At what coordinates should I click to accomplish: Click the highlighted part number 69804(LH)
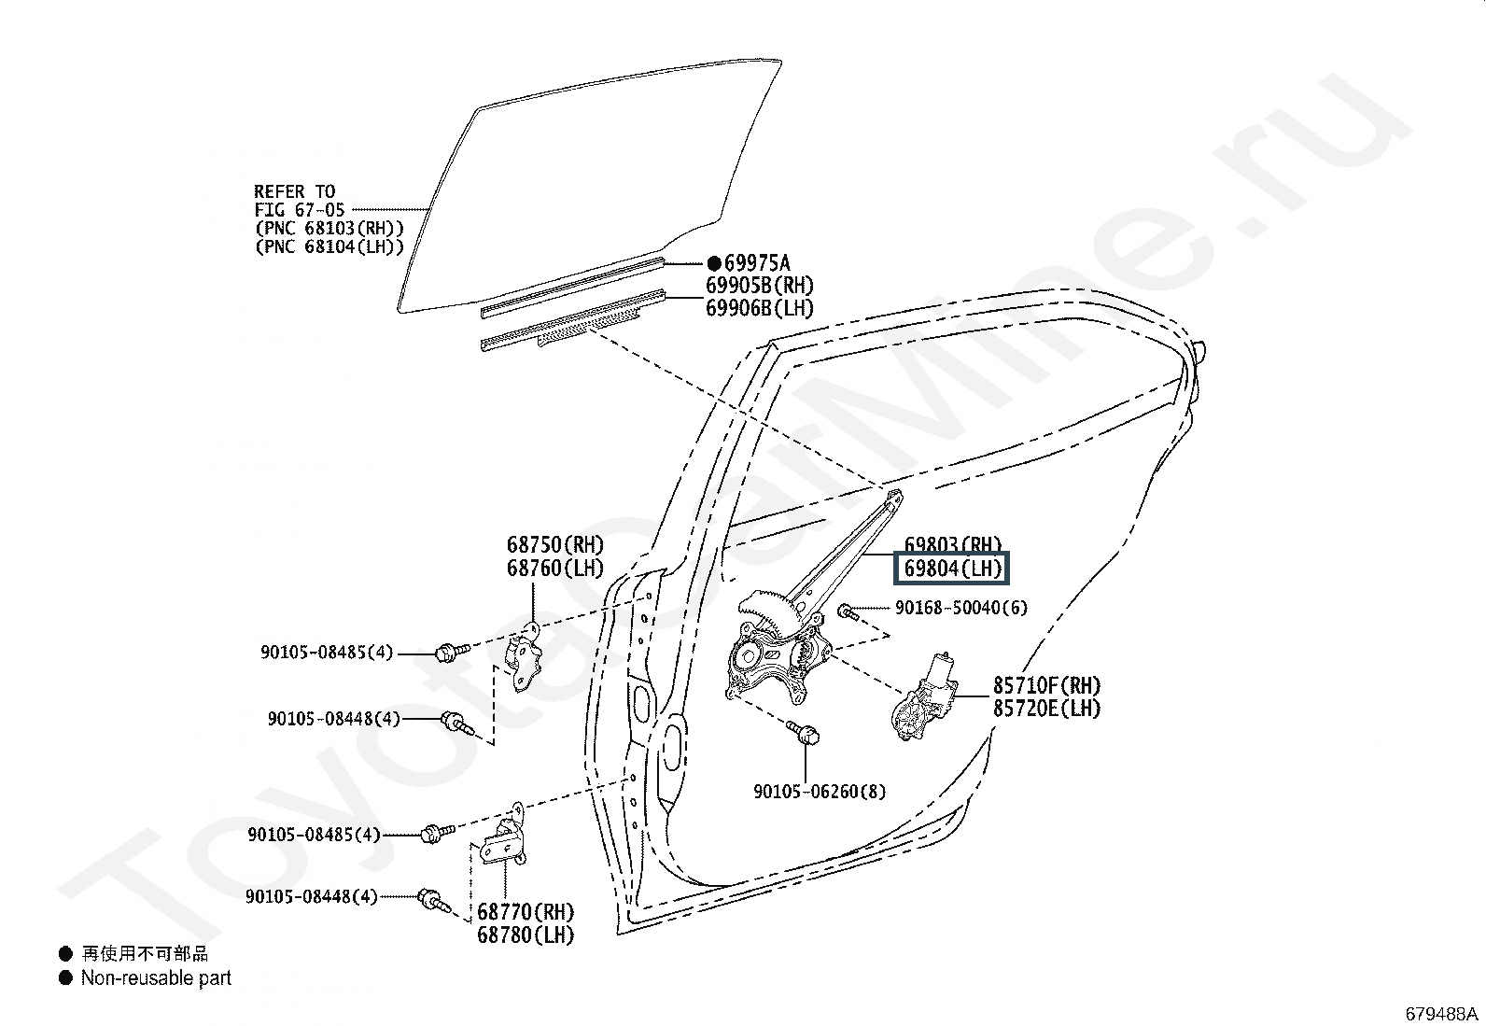[x=952, y=569]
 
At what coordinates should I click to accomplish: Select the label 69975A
[x=757, y=263]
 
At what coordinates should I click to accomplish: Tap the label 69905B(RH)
[x=760, y=286]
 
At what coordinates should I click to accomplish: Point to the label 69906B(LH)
[x=760, y=308]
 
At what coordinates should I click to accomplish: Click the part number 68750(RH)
[x=555, y=545]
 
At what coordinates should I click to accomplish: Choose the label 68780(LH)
[x=526, y=935]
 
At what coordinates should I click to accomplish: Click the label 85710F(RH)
[x=1047, y=685]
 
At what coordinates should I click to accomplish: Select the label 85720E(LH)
[x=1047, y=708]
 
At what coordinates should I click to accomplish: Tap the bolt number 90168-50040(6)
[x=961, y=607]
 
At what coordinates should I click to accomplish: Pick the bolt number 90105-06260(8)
[x=820, y=791]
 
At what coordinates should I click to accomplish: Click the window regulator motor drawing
[x=923, y=696]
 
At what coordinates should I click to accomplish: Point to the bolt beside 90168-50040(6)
[x=848, y=611]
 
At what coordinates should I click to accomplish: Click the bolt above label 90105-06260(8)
[x=804, y=732]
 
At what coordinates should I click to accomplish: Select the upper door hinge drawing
[x=524, y=657]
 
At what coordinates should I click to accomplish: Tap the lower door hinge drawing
[x=504, y=837]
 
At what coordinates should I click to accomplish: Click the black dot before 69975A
[x=714, y=263]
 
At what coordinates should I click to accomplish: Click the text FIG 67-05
[x=300, y=210]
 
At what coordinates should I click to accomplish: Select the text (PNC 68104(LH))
[x=329, y=246]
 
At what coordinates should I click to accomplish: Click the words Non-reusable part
[x=156, y=977]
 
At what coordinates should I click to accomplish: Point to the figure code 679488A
[x=1441, y=1014]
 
